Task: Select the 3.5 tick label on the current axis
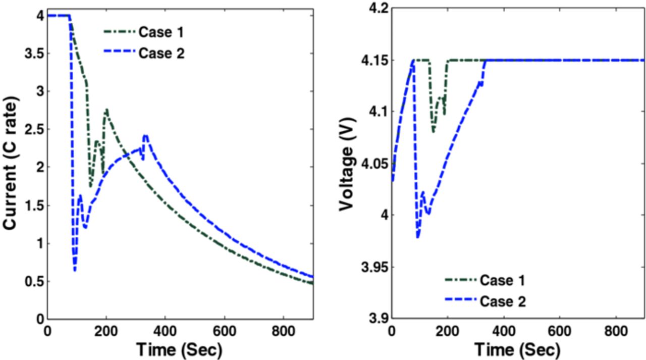[30, 54]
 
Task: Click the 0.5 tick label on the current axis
[30, 281]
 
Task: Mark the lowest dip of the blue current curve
[75, 270]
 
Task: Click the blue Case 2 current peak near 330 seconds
[145, 135]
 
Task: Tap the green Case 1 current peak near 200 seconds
[106, 109]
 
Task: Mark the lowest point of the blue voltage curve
[418, 237]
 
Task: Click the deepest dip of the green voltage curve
[433, 132]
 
